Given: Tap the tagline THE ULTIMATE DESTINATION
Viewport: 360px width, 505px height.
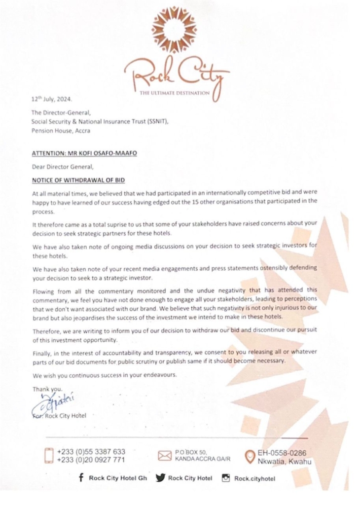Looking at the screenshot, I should (175, 93).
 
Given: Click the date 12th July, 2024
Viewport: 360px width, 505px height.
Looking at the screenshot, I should (51, 99).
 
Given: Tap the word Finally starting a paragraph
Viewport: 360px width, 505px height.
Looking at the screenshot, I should (43, 351).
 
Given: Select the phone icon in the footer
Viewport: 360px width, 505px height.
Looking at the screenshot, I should (49, 455).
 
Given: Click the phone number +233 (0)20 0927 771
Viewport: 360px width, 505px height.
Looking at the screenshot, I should (91, 460).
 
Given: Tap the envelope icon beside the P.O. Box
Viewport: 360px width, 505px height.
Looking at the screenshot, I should (164, 456).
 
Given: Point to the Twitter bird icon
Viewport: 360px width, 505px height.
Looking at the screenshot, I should (159, 478).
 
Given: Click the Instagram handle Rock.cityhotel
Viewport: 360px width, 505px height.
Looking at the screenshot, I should (254, 478).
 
